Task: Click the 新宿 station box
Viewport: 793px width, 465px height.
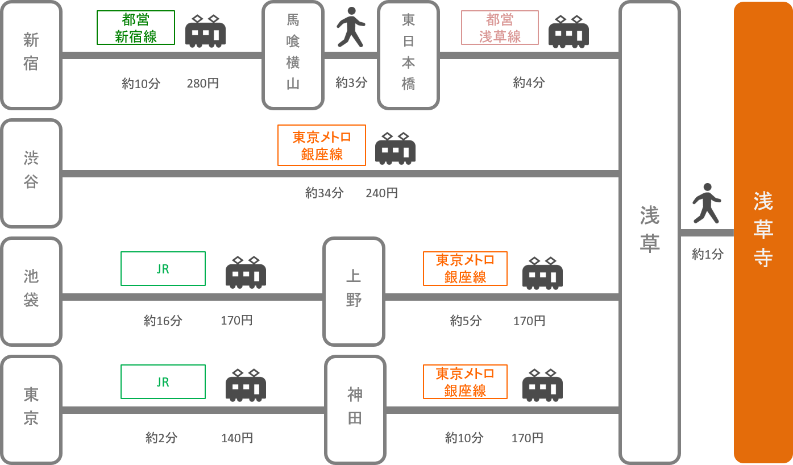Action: tap(31, 55)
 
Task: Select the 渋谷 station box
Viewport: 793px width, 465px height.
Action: tap(31, 173)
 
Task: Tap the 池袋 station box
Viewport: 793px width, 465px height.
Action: tap(31, 292)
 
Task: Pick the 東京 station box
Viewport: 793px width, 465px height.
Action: tap(31, 410)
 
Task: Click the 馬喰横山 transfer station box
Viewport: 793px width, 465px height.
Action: tap(293, 55)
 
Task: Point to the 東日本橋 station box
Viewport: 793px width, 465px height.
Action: tap(409, 55)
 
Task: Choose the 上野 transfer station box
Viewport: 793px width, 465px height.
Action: tap(354, 292)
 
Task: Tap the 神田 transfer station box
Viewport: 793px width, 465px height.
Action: tap(355, 410)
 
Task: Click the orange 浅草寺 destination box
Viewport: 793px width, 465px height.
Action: tap(763, 232)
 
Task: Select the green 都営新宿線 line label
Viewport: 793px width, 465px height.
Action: tap(136, 28)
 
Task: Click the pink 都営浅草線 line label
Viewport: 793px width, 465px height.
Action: tap(500, 28)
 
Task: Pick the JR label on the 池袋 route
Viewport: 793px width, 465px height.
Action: tap(163, 269)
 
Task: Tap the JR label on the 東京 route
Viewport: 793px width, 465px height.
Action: tap(163, 382)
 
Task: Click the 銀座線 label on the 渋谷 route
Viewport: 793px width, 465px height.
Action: tap(322, 146)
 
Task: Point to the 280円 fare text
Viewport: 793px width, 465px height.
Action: tap(202, 84)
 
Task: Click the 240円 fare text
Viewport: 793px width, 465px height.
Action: tap(381, 193)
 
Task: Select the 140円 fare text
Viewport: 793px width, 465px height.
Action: tap(236, 438)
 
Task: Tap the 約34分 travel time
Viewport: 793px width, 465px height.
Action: tap(325, 193)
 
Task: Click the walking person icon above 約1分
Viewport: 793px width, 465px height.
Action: tap(707, 203)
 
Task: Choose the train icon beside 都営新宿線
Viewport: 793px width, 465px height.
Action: tap(205, 31)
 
